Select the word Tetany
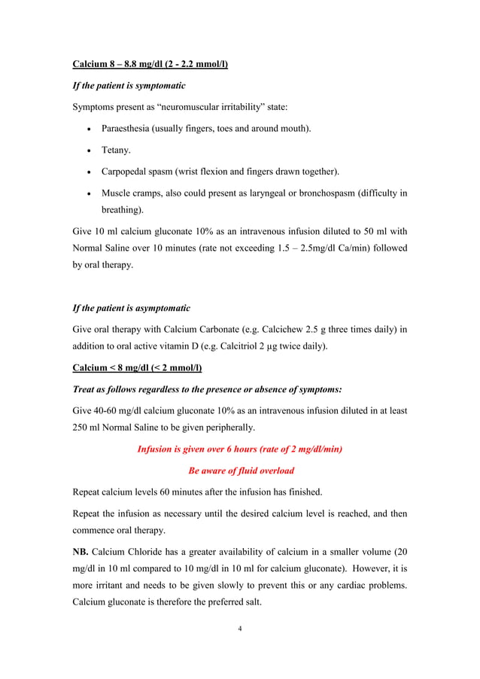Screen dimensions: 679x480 pyautogui.click(x=117, y=151)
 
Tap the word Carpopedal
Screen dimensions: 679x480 pyautogui.click(x=128, y=172)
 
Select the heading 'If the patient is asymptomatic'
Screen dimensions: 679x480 pyautogui.click(x=131, y=309)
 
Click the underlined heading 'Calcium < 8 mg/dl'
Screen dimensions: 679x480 pyautogui.click(x=137, y=368)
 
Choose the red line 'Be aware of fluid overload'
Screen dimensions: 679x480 pyautogui.click(x=240, y=470)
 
